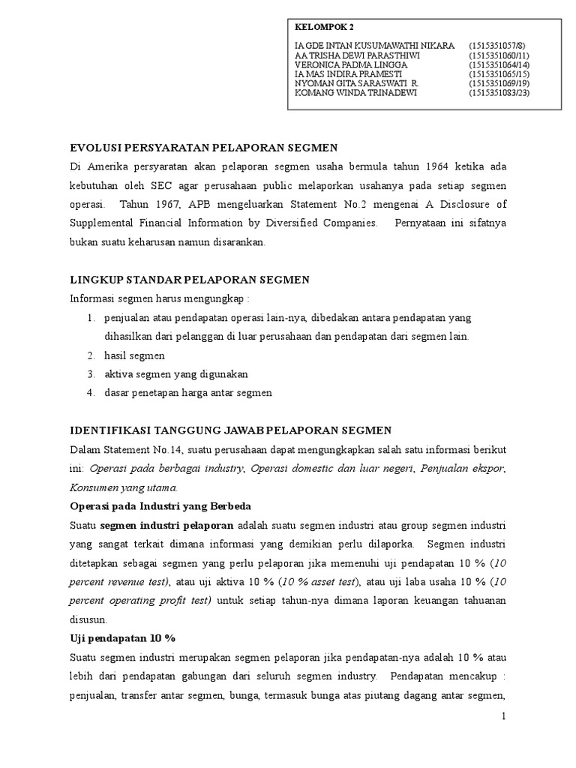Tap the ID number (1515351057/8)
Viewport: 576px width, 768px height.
(499, 46)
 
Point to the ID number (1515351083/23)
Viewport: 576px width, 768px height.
(500, 93)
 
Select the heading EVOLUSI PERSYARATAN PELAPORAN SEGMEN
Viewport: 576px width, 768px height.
(204, 147)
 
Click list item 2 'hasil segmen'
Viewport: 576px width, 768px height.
(134, 355)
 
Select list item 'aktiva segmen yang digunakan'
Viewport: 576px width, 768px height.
(176, 374)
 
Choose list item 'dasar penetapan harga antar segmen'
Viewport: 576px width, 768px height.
(188, 393)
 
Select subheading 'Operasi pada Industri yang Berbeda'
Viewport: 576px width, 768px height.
(160, 505)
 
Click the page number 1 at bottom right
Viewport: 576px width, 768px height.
(505, 717)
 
